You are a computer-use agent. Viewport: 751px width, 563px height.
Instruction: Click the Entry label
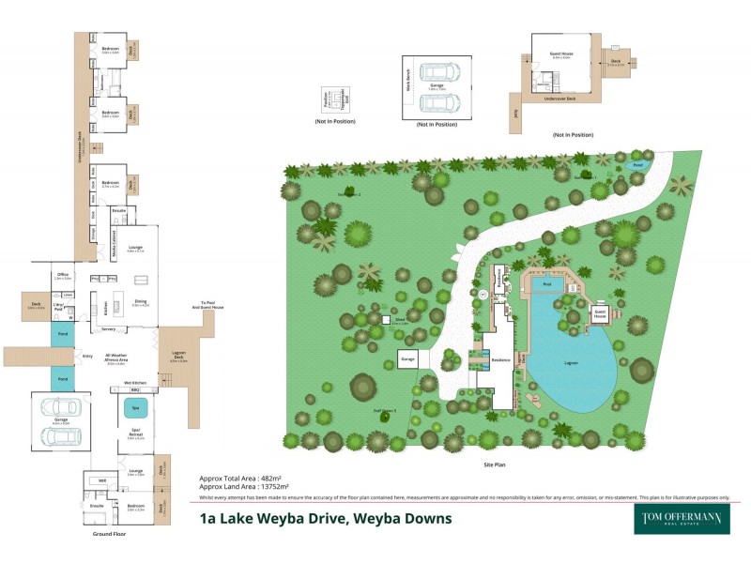point(87,357)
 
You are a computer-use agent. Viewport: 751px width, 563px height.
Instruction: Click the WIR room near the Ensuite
point(100,480)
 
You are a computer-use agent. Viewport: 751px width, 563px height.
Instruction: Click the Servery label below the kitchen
point(109,329)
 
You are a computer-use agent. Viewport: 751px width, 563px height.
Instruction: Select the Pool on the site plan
point(542,282)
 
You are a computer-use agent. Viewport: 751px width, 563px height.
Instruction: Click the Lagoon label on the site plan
point(571,362)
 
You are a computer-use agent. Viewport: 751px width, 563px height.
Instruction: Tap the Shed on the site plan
point(386,321)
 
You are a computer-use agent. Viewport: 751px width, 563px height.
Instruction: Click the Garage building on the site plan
point(408,358)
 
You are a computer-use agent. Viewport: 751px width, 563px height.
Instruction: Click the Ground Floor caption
point(108,533)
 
